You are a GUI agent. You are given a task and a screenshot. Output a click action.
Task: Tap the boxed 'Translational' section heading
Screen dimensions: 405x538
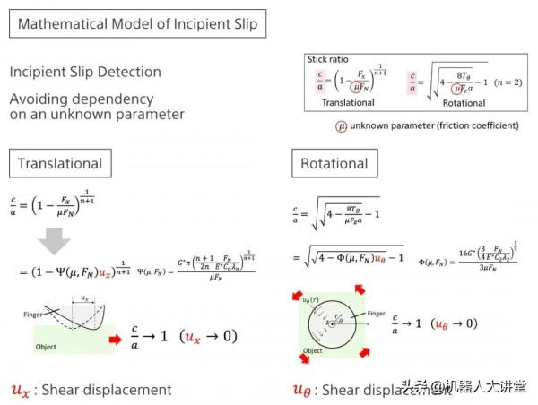pos(60,164)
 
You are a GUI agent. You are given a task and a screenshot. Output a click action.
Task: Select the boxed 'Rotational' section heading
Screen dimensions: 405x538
pos(333,164)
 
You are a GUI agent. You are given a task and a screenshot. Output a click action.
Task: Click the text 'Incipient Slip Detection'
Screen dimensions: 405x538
pos(86,72)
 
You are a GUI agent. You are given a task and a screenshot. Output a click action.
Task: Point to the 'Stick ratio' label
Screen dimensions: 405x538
pos(333,60)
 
